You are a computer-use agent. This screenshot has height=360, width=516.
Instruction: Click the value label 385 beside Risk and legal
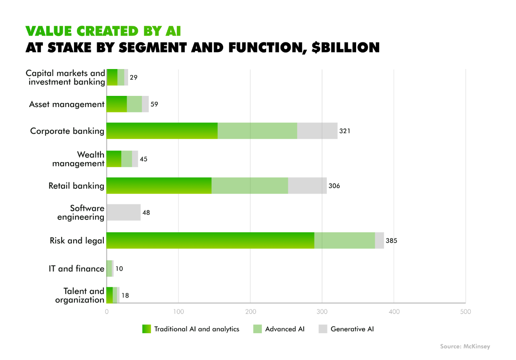coord(391,241)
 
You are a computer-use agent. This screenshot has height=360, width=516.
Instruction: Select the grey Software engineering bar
coord(124,212)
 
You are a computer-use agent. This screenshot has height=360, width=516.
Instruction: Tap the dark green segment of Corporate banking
coord(162,131)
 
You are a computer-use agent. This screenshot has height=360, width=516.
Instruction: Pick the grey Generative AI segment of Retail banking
coord(307,186)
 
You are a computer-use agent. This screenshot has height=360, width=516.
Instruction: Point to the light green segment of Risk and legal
coord(345,241)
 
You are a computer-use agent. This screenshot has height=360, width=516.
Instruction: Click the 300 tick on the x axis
coord(322,312)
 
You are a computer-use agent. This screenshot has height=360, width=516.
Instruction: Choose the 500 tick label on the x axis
coord(466,312)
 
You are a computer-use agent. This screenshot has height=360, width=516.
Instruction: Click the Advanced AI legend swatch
coord(257,329)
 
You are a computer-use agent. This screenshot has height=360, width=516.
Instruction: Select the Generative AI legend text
coord(352,329)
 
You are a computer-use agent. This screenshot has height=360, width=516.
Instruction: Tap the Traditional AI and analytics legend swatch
coord(147,329)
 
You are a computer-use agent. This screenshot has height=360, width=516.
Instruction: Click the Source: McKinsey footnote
coord(465,346)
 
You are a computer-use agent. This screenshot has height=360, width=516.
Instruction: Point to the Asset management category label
coord(67,105)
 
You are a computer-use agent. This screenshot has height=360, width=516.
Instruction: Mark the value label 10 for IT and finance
coord(119,269)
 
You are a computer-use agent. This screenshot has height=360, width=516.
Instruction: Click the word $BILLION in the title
coord(345,48)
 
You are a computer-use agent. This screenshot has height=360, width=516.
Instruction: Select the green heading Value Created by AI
coord(103,31)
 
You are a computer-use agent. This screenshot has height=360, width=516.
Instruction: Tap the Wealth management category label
coord(78,159)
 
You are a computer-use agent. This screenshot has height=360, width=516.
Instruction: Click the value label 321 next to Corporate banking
coord(345,131)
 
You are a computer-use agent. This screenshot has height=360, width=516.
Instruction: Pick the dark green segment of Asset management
coord(117,104)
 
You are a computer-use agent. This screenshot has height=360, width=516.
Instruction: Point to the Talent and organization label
coord(80,296)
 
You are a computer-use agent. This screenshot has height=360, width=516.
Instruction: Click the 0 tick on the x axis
coord(107,312)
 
